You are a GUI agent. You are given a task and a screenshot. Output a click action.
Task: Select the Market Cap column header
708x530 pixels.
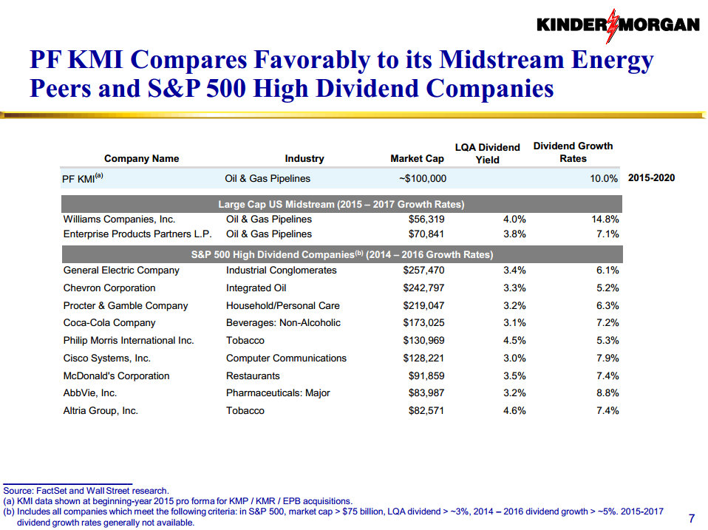pyautogui.click(x=417, y=158)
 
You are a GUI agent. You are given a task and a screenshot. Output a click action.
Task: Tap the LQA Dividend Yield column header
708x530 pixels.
pyautogui.click(x=487, y=153)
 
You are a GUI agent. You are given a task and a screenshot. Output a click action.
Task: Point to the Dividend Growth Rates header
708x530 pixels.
pyautogui.click(x=573, y=152)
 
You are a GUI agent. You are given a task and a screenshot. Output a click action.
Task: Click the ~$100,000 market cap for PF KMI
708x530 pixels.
pyautogui.click(x=421, y=179)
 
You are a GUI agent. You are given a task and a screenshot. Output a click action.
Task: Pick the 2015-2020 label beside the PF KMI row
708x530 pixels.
pyautogui.click(x=650, y=178)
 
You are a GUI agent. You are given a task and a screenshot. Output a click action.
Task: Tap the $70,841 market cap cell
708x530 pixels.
pyautogui.click(x=426, y=234)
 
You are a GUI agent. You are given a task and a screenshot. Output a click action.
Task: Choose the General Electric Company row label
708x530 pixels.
pyautogui.click(x=121, y=271)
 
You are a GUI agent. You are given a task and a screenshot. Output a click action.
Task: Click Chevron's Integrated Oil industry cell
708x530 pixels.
pyautogui.click(x=256, y=288)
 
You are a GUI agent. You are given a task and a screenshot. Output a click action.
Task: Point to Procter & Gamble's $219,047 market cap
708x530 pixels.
pyautogui.click(x=423, y=306)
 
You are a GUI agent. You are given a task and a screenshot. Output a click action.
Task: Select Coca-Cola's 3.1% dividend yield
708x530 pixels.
pyautogui.click(x=514, y=323)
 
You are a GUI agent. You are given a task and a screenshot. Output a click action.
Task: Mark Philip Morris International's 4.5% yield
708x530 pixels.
pyautogui.click(x=514, y=341)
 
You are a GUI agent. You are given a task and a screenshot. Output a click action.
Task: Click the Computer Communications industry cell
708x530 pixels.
pyautogui.click(x=286, y=359)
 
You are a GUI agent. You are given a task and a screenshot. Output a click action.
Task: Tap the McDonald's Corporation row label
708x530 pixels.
pyautogui.click(x=116, y=376)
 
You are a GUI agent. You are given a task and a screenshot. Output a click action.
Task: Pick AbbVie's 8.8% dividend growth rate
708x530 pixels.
pyautogui.click(x=607, y=393)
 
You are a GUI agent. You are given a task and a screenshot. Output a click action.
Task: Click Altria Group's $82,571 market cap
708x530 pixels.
pyautogui.click(x=426, y=411)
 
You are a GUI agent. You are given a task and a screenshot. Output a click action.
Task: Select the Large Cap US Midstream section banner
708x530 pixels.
pyautogui.click(x=341, y=204)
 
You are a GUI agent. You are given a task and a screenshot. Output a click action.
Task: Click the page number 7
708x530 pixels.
pyautogui.click(x=691, y=517)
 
